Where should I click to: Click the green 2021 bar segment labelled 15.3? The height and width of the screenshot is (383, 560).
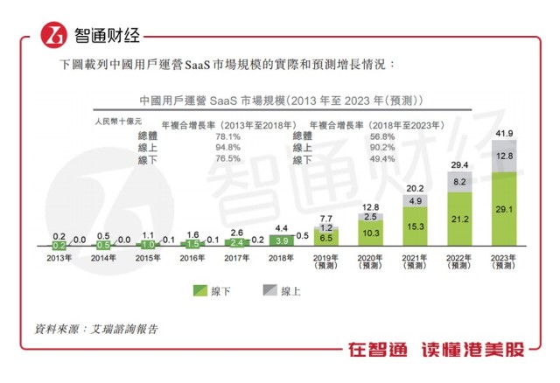(x=415, y=226)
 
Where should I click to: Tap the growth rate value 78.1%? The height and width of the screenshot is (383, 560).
(x=227, y=136)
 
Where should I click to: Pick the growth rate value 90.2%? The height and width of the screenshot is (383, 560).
(x=382, y=148)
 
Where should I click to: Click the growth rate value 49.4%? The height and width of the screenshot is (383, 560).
(x=382, y=160)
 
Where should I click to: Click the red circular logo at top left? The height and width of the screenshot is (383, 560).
(x=56, y=37)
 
